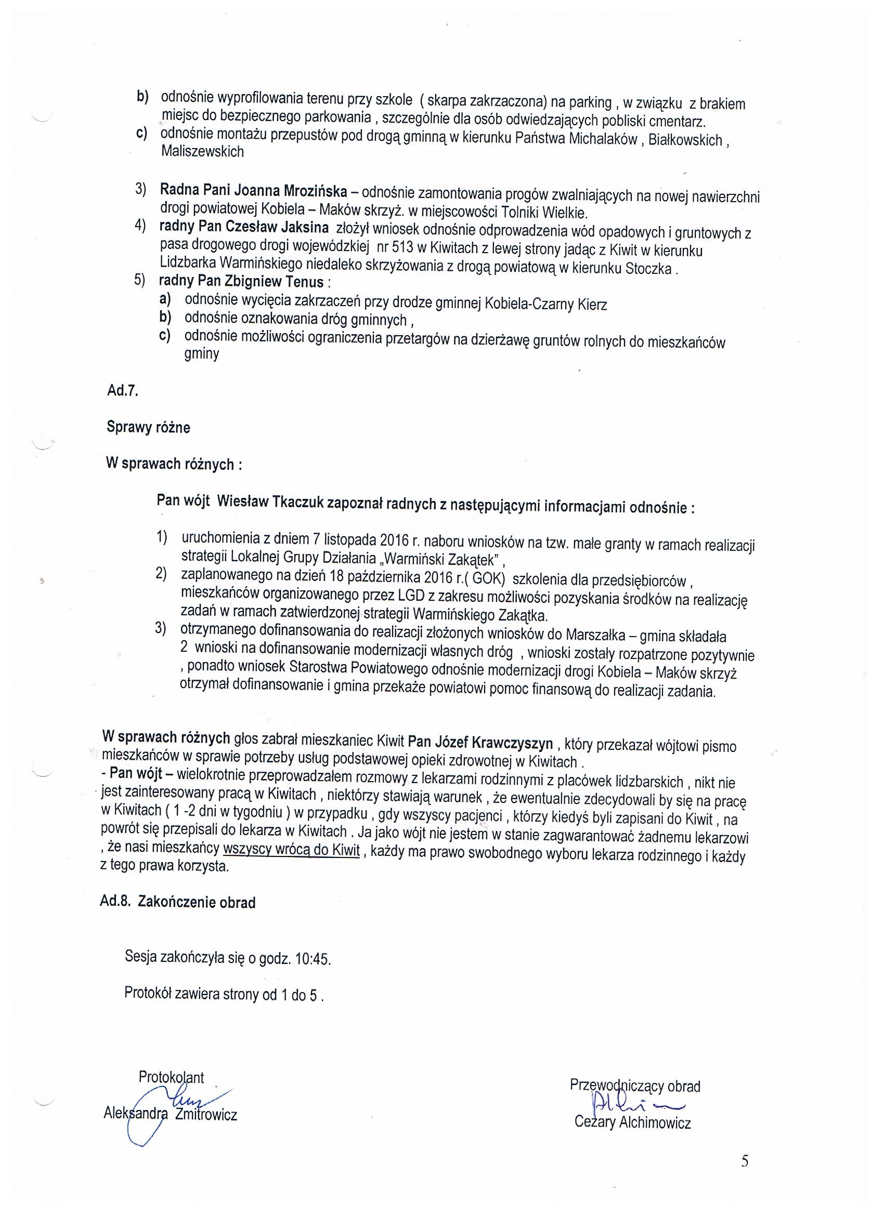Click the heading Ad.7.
[123, 391]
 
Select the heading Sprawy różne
[149, 427]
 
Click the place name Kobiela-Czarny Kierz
[545, 305]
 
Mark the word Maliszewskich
[202, 152]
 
